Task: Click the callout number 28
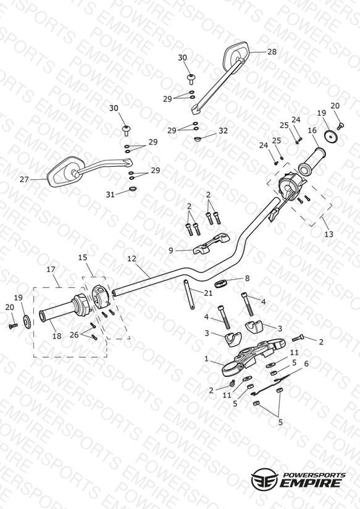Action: click(x=272, y=52)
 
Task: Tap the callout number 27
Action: click(x=24, y=179)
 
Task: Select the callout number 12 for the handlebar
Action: click(x=132, y=259)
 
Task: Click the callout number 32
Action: click(x=223, y=130)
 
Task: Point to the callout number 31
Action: click(x=111, y=194)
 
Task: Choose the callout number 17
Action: click(x=51, y=269)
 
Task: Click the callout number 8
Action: click(x=248, y=278)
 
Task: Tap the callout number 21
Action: click(x=208, y=293)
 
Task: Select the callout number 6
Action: click(x=306, y=364)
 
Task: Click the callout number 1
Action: click(x=206, y=359)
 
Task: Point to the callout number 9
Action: click(x=171, y=250)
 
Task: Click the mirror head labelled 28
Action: click(x=236, y=54)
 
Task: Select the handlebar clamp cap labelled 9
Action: click(x=211, y=243)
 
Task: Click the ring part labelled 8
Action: click(x=220, y=283)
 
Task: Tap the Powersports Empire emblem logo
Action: click(x=265, y=478)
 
